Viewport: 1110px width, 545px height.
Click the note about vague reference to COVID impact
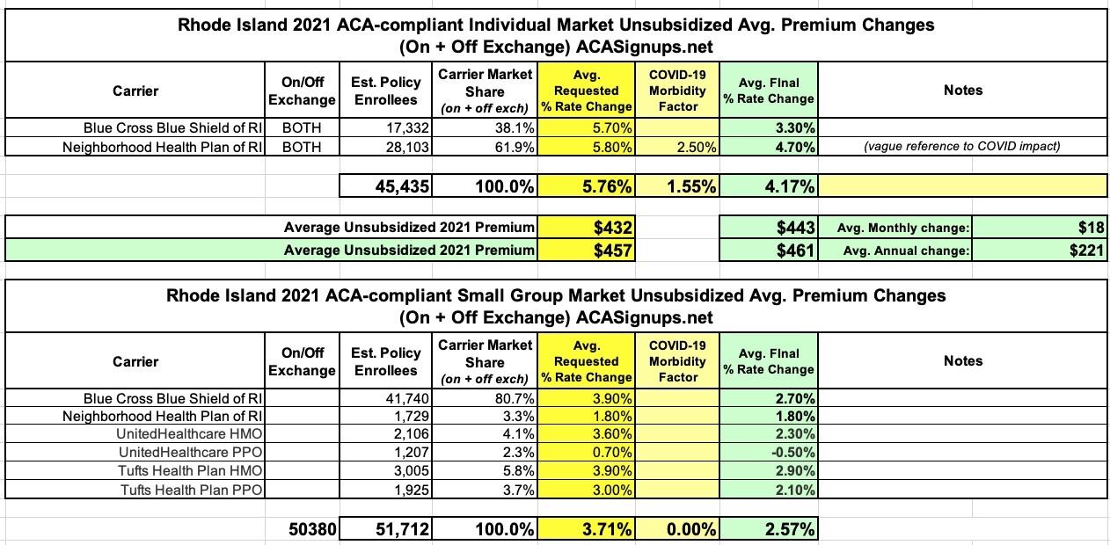pos(962,147)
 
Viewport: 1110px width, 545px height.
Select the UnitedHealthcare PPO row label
pos(191,452)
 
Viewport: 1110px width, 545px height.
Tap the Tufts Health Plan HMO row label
pos(191,470)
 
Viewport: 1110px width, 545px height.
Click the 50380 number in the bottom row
pos(312,530)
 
